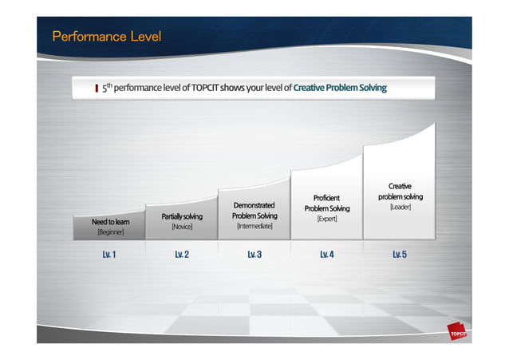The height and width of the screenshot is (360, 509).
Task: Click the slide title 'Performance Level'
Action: (106, 37)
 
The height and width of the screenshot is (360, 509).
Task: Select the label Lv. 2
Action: (182, 255)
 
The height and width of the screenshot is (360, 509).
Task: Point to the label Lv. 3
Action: (254, 255)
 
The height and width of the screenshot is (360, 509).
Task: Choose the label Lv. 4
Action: (326, 255)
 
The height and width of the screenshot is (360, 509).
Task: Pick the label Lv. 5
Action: (400, 255)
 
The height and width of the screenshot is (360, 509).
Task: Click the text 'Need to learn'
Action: (111, 222)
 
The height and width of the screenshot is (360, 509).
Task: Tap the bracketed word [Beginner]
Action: (110, 233)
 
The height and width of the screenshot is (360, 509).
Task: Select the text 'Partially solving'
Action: (182, 216)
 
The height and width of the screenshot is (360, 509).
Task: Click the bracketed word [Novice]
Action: (182, 227)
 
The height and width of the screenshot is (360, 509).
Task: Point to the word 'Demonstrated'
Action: (254, 206)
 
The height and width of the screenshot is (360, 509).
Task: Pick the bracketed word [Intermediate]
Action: (254, 227)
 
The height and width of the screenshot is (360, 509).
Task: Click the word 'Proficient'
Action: (327, 198)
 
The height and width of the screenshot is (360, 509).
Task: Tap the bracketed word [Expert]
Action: (327, 218)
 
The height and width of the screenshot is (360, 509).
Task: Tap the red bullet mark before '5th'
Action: (96, 89)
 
